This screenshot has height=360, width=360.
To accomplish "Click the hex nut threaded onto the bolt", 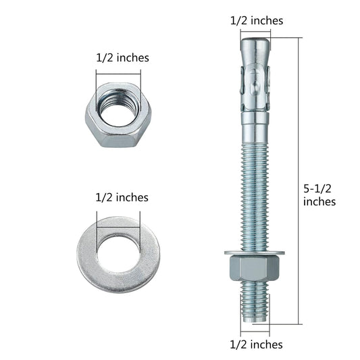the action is pos(254,267).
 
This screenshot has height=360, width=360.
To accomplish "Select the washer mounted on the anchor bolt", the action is pos(255,253).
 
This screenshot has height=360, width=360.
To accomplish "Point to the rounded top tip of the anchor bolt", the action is pos(255,42).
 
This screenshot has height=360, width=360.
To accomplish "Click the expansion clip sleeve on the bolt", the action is pos(255,88).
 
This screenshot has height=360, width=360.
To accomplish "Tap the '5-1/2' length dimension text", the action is pos(317,188).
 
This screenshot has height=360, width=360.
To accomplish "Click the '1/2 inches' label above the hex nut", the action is pos(122,57).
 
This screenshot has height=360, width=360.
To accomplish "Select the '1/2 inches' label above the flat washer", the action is pos(122,197).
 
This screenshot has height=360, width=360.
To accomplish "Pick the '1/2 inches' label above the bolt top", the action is pos(257,21).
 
